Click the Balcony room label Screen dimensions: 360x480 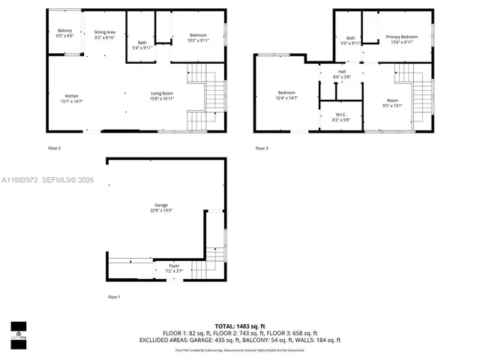coord(64,33)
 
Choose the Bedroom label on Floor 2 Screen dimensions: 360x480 coord(198,37)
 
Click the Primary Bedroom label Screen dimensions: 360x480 coord(401,38)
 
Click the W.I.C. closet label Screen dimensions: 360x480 coord(341,116)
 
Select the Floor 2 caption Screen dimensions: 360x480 coord(54,148)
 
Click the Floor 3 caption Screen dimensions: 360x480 coord(261,148)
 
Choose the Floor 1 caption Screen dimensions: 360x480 coord(113,297)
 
